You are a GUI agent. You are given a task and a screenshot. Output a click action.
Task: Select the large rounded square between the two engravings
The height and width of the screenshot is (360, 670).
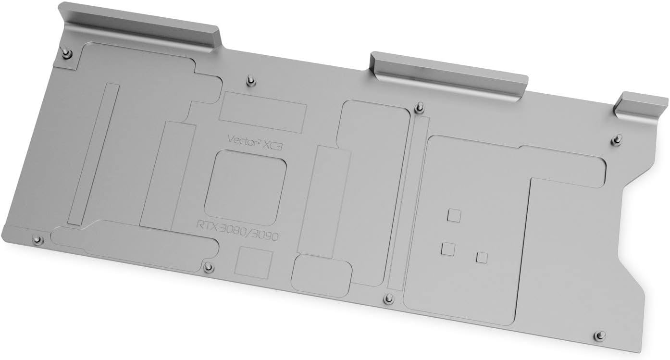[245, 187]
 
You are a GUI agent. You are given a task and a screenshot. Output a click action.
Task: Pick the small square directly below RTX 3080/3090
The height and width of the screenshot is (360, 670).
[254, 262]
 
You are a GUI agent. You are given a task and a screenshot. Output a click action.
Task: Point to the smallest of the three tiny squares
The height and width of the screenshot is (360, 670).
[482, 258]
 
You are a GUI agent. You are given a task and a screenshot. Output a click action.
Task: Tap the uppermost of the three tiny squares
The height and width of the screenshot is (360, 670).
[454, 215]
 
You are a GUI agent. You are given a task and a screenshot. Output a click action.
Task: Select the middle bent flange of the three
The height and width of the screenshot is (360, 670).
[448, 77]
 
